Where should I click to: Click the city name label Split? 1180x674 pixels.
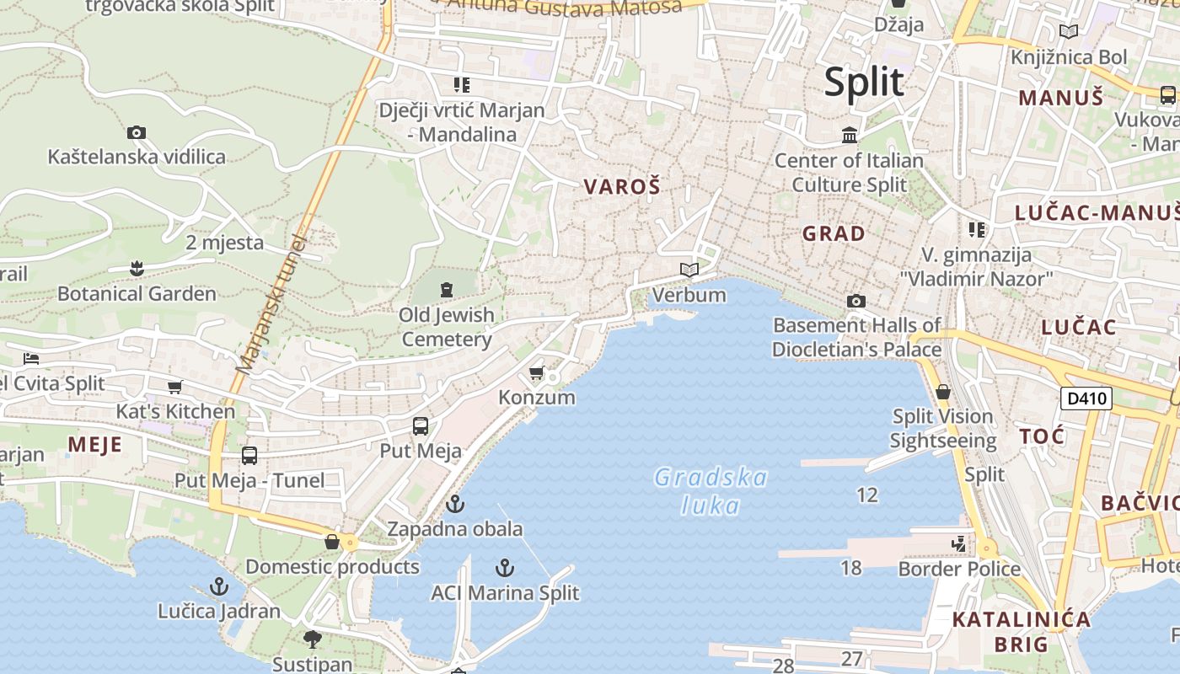(864, 82)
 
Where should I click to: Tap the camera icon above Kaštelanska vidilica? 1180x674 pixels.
(137, 132)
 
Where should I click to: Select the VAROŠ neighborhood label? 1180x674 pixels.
(622, 187)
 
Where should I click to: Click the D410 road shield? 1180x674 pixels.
(1086, 398)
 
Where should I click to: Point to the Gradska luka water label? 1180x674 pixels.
(711, 491)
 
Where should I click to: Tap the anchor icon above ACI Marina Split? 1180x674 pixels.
(505, 567)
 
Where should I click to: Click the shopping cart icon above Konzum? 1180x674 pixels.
(536, 372)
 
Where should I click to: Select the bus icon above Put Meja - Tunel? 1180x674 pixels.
(249, 456)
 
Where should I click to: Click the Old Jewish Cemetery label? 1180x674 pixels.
(447, 327)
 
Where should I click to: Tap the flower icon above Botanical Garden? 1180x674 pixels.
(137, 269)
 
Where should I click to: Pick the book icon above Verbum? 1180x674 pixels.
(689, 270)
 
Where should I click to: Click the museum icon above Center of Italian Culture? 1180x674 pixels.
(850, 135)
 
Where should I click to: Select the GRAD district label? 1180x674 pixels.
(834, 233)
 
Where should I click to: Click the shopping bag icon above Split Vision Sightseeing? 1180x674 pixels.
(943, 392)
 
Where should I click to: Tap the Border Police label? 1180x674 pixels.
(959, 569)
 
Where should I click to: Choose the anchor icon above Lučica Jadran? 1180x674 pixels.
(219, 586)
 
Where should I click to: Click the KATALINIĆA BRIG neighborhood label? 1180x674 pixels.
(1021, 632)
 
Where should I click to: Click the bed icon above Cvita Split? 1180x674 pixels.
(31, 358)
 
